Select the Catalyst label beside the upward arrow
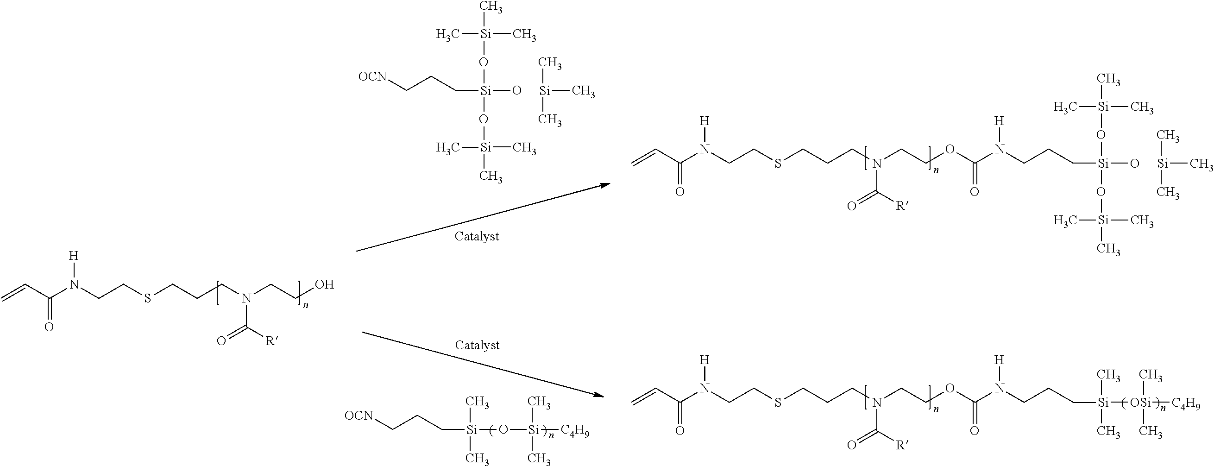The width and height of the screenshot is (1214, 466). tap(477, 236)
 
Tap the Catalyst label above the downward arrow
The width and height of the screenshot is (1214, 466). tap(477, 345)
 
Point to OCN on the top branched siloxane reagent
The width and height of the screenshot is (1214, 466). tap(372, 76)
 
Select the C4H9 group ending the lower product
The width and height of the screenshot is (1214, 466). tap(1185, 405)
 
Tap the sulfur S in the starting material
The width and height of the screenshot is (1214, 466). tap(147, 298)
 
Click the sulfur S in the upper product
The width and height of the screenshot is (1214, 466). tap(778, 164)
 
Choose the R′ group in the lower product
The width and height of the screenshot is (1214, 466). tap(901, 444)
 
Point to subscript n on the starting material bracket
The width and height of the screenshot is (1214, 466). tap(305, 305)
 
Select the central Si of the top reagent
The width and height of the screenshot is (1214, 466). tap(484, 90)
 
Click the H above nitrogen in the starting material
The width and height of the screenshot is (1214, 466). tap(73, 256)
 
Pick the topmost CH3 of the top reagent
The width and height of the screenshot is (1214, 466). tap(490, 7)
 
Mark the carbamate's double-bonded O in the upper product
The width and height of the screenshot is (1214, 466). tap(974, 192)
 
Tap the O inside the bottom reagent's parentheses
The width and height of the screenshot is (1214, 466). tap(503, 430)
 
